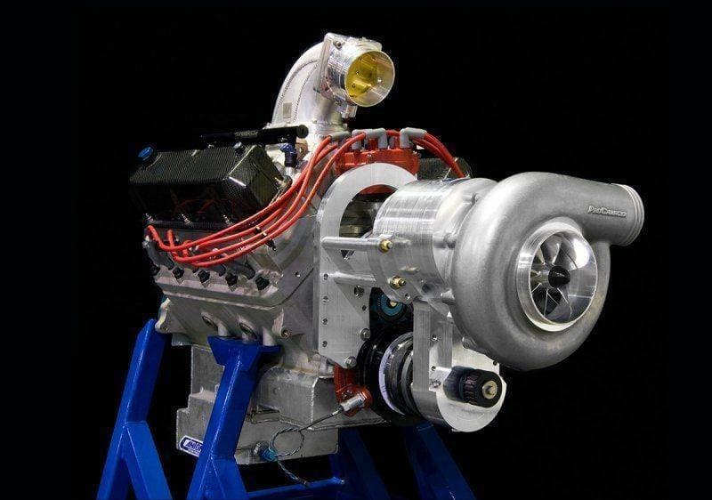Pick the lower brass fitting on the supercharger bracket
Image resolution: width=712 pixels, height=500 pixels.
(397, 281)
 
